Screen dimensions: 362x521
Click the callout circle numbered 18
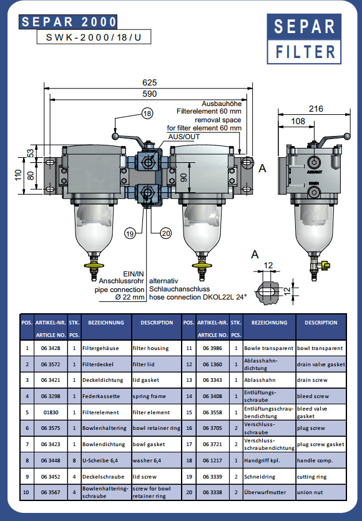click(x=147, y=114)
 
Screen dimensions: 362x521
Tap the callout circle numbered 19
click(x=130, y=233)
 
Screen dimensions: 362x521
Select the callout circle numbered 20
click(x=165, y=233)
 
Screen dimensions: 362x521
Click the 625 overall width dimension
click(x=149, y=82)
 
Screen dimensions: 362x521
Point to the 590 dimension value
click(x=149, y=94)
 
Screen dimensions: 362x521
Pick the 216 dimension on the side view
click(x=315, y=109)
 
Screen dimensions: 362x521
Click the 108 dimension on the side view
click(x=298, y=121)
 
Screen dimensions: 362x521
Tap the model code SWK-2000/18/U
click(x=94, y=37)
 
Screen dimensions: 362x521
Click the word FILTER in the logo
click(x=305, y=52)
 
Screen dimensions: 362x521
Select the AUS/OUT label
click(x=184, y=137)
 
